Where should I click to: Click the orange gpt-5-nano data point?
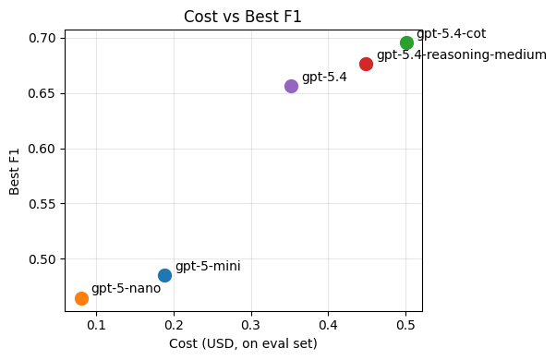[x=81, y=298]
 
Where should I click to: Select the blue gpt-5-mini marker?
[x=164, y=275]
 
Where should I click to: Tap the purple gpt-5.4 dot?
[x=291, y=86]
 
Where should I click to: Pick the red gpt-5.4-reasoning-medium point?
[x=366, y=64]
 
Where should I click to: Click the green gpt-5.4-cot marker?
[x=406, y=42]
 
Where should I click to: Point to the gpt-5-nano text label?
[x=126, y=288]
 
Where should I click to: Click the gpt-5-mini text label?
[x=208, y=266]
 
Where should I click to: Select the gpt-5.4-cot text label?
[x=451, y=33]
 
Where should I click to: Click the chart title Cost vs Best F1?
[x=243, y=17]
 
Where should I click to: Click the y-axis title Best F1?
[x=15, y=170]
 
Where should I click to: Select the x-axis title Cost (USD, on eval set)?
[x=243, y=343]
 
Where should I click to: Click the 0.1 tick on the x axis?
[x=96, y=324]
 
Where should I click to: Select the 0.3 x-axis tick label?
[x=251, y=324]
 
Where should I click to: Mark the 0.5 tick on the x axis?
[x=405, y=324]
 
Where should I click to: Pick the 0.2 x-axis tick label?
[x=174, y=324]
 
